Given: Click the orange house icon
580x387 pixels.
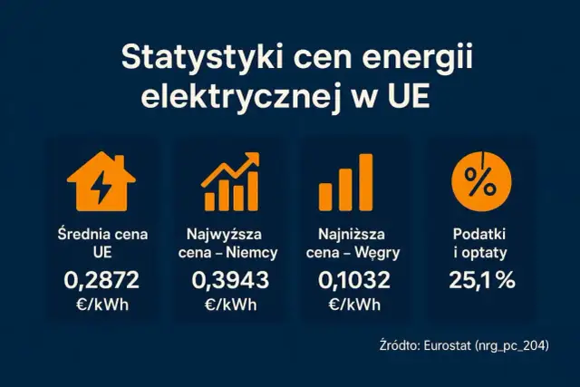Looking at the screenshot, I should click(x=101, y=180).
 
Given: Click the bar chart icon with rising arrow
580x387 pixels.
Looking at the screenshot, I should click(x=228, y=182).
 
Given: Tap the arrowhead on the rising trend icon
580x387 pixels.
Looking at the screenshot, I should click(x=252, y=160).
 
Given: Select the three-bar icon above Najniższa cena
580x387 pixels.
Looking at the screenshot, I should click(x=345, y=182).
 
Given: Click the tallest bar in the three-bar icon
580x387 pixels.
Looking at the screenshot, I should click(x=365, y=182).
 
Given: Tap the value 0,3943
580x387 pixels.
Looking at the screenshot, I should click(x=228, y=280).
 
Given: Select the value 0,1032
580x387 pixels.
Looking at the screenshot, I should click(x=353, y=280).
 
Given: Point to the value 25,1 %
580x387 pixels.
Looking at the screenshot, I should click(x=482, y=280).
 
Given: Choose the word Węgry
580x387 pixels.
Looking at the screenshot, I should click(x=380, y=251).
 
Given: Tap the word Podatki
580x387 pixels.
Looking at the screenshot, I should click(x=482, y=233).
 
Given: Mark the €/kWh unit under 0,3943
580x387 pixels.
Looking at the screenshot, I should click(x=228, y=305).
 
